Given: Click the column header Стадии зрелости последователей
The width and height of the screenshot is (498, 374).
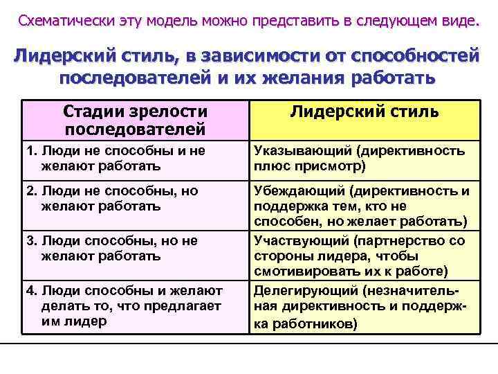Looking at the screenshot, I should point(135,120).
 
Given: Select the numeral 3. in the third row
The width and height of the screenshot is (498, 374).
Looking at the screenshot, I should point(30,242).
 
